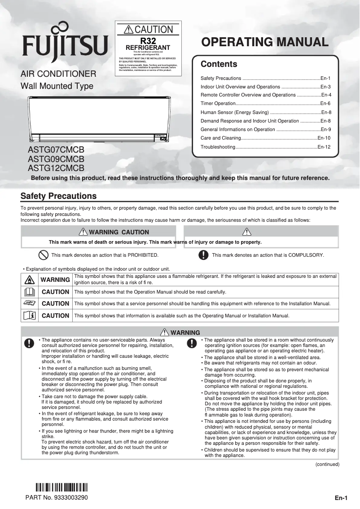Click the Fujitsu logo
(66, 44)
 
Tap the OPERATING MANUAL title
(265, 42)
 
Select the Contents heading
(219, 64)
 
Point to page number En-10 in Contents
(324, 138)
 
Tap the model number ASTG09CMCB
(56, 159)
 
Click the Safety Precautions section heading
(58, 196)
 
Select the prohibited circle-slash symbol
(43, 255)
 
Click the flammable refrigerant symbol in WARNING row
(28, 280)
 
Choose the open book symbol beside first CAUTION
(28, 292)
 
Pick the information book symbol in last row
(28, 316)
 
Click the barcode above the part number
(61, 487)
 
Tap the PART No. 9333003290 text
(57, 498)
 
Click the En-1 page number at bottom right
(341, 498)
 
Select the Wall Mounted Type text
(57, 86)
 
